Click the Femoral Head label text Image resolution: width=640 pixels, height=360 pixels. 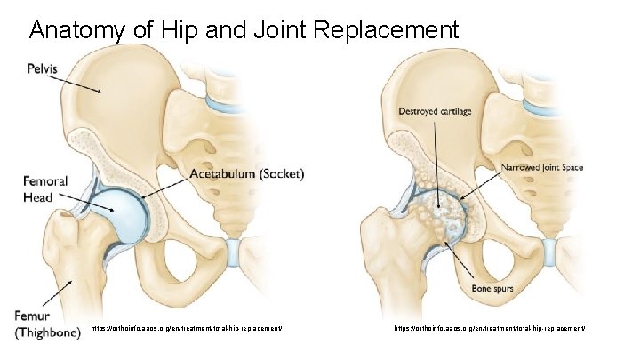(x=37, y=189)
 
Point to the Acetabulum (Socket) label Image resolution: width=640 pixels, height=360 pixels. (x=246, y=175)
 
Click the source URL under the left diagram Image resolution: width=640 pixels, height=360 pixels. (x=187, y=329)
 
